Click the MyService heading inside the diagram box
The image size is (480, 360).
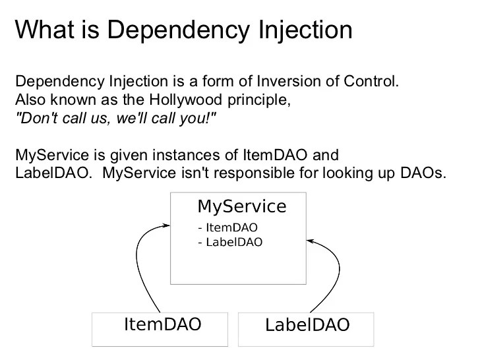242,206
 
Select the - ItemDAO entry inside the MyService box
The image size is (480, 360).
227,227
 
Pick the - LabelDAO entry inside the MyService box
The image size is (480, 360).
230,242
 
